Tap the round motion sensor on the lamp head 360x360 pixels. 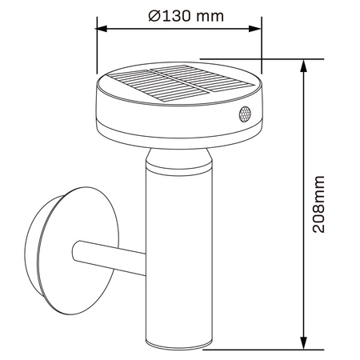[243, 115]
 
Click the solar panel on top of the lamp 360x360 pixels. [175, 85]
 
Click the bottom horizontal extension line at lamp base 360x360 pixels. [264, 350]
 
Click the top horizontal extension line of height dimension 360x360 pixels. [264, 58]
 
